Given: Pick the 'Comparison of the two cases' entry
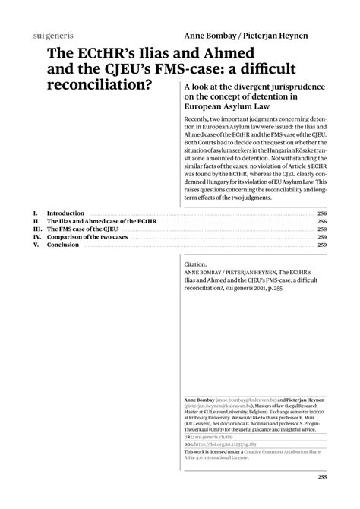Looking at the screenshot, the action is (x=87, y=237).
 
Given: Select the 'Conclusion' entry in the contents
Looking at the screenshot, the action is (x=64, y=245).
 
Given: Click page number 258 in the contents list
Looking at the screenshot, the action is (x=321, y=229).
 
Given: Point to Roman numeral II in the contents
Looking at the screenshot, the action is (x=36, y=221).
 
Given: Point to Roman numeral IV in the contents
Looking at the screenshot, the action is (x=36, y=237).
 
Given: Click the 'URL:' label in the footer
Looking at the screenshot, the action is (x=189, y=439).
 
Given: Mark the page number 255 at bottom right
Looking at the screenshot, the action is (x=321, y=477).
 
